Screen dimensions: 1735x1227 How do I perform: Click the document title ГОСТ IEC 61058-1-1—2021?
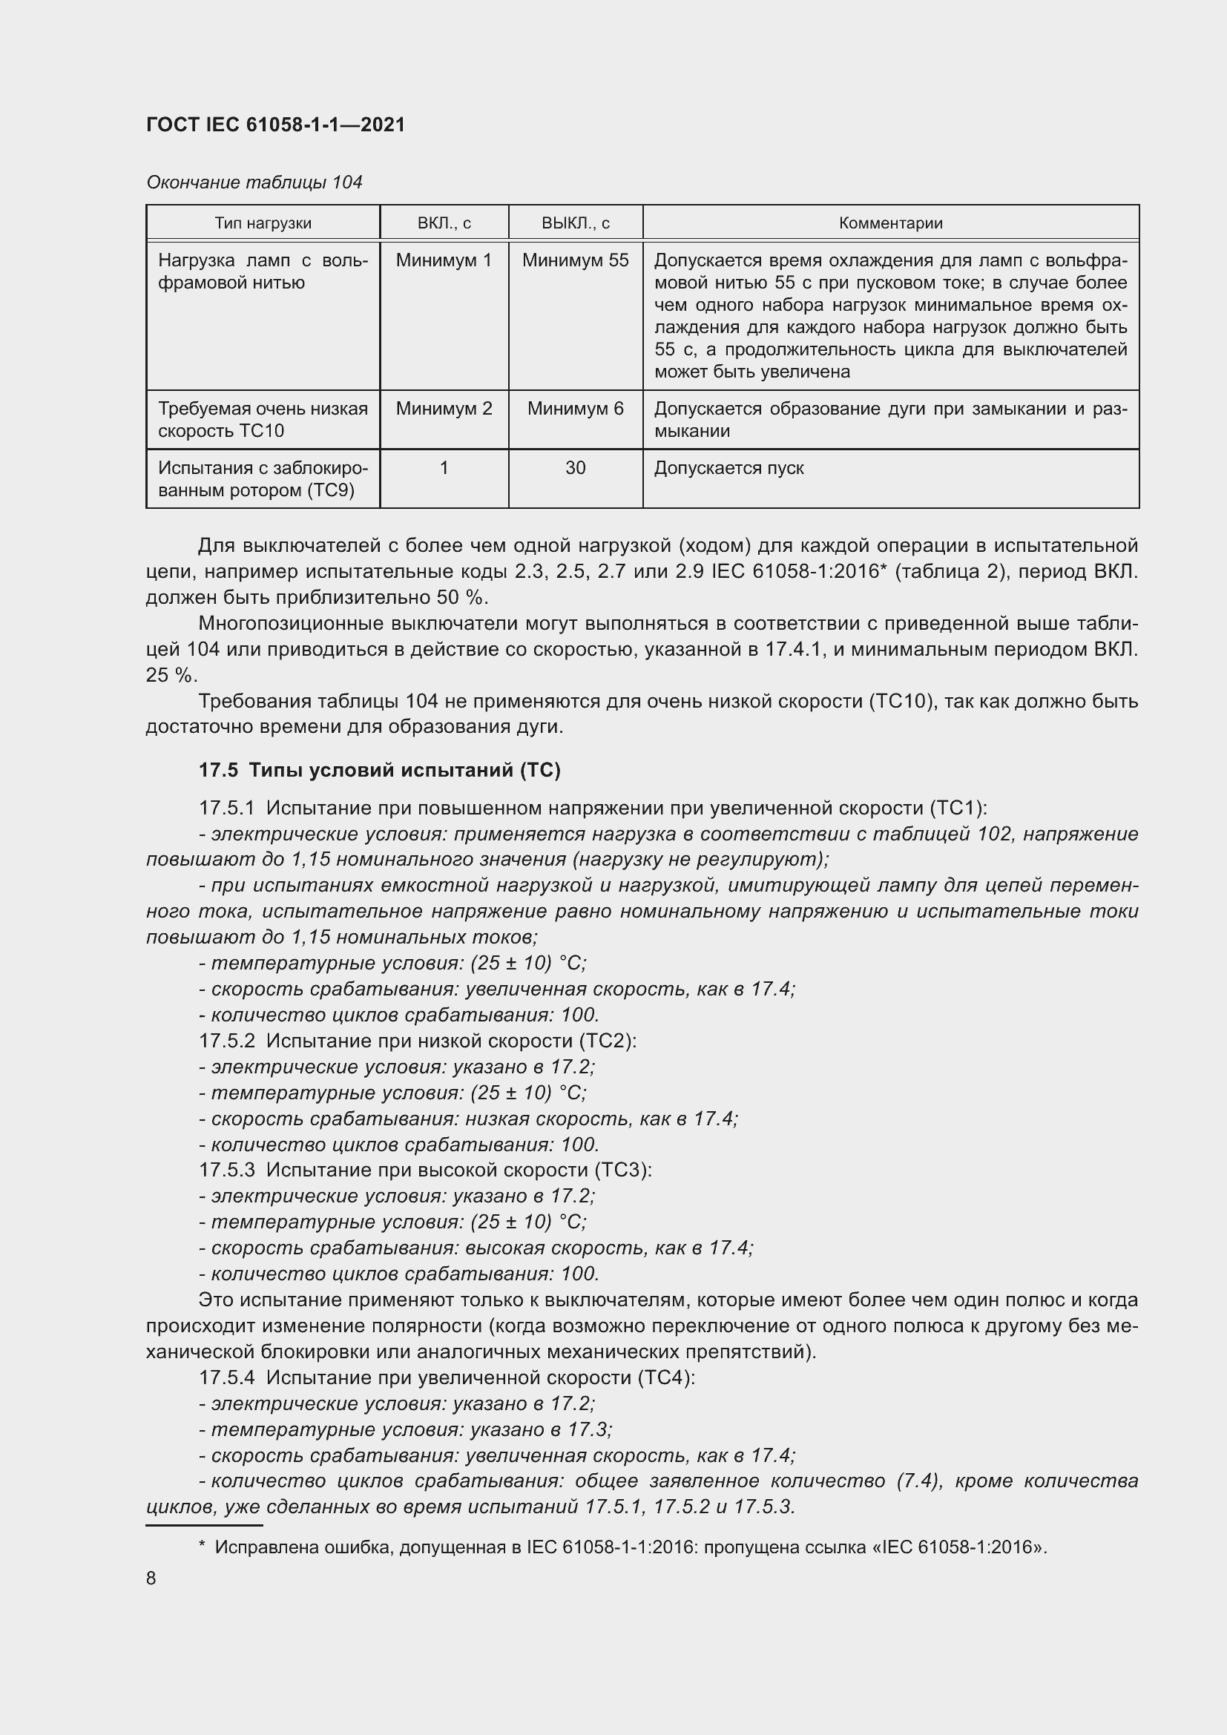pos(275,125)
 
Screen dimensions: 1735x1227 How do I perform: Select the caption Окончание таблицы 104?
pos(254,182)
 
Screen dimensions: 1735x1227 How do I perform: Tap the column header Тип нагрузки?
pos(262,223)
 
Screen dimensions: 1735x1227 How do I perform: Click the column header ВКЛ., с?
pos(444,223)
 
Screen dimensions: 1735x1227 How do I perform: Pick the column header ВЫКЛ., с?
pos(575,223)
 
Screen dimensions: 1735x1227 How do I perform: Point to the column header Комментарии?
pos(890,223)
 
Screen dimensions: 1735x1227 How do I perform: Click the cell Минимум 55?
pos(575,260)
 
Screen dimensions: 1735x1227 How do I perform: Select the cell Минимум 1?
pos(444,260)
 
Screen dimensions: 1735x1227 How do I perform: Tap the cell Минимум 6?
pos(575,409)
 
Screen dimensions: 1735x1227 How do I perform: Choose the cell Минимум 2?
pos(444,409)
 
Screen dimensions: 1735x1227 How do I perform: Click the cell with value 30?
pos(575,469)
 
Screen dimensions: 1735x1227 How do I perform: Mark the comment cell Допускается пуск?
pos(728,469)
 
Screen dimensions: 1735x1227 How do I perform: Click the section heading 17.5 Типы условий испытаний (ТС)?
pos(379,770)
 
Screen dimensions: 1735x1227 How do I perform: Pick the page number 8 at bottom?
pos(151,1578)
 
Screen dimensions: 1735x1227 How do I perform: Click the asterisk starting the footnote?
pos(202,1546)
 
